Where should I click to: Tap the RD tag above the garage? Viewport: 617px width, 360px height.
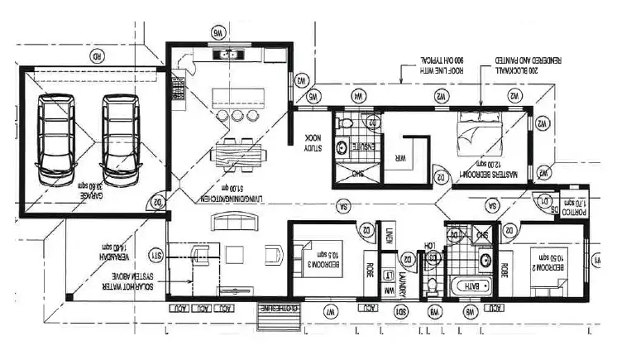[x=97, y=57]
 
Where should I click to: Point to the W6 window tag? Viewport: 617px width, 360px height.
[x=219, y=34]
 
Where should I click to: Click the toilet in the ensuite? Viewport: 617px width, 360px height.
[x=347, y=122]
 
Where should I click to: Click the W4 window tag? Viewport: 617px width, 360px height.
[x=358, y=97]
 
